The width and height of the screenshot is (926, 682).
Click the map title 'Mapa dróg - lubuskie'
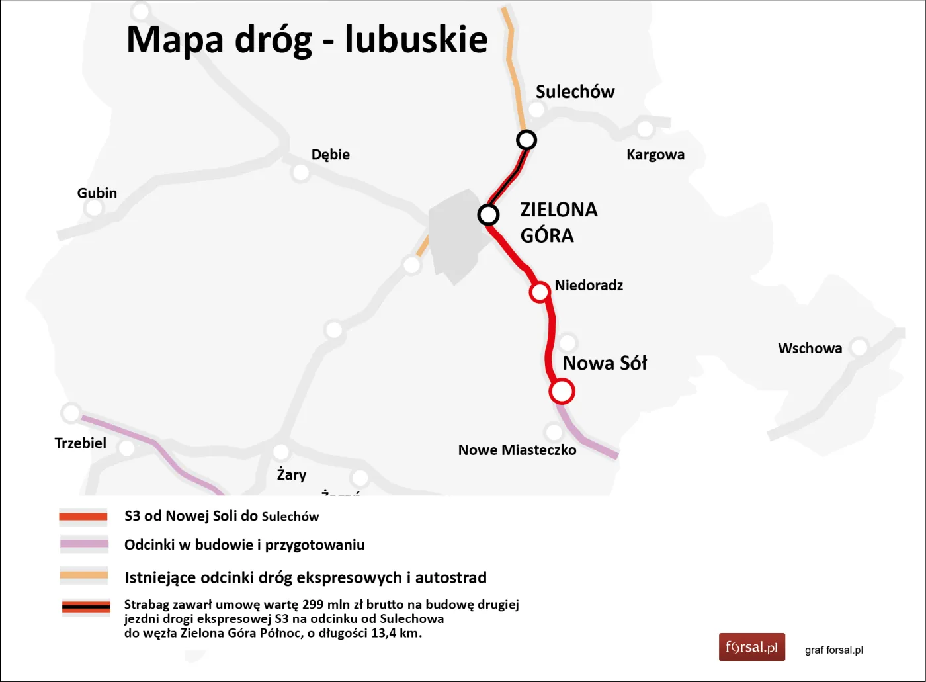307,40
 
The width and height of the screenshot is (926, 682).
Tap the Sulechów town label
575,91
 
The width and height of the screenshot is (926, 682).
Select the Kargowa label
655,155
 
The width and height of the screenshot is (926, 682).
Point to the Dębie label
330,155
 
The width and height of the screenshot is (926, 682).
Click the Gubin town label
97,193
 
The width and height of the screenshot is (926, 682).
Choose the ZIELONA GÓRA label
558,222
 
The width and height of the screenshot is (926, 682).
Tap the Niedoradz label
588,286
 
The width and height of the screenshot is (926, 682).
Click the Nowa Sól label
604,363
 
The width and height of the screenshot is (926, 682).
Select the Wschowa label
810,349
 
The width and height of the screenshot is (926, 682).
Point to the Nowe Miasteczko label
517,450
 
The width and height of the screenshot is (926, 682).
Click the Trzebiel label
80,443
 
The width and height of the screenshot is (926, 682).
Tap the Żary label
291,474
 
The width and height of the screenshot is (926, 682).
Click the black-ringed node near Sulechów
526,140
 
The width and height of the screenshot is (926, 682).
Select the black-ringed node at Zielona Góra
488,215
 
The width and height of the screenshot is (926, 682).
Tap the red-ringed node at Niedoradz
540,292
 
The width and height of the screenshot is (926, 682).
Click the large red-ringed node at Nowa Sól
562,391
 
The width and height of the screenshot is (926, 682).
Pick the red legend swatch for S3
83,517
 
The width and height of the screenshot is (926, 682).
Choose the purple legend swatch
84,545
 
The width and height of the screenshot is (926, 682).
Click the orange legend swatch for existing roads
84,575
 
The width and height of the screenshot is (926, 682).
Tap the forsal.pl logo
751,647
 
